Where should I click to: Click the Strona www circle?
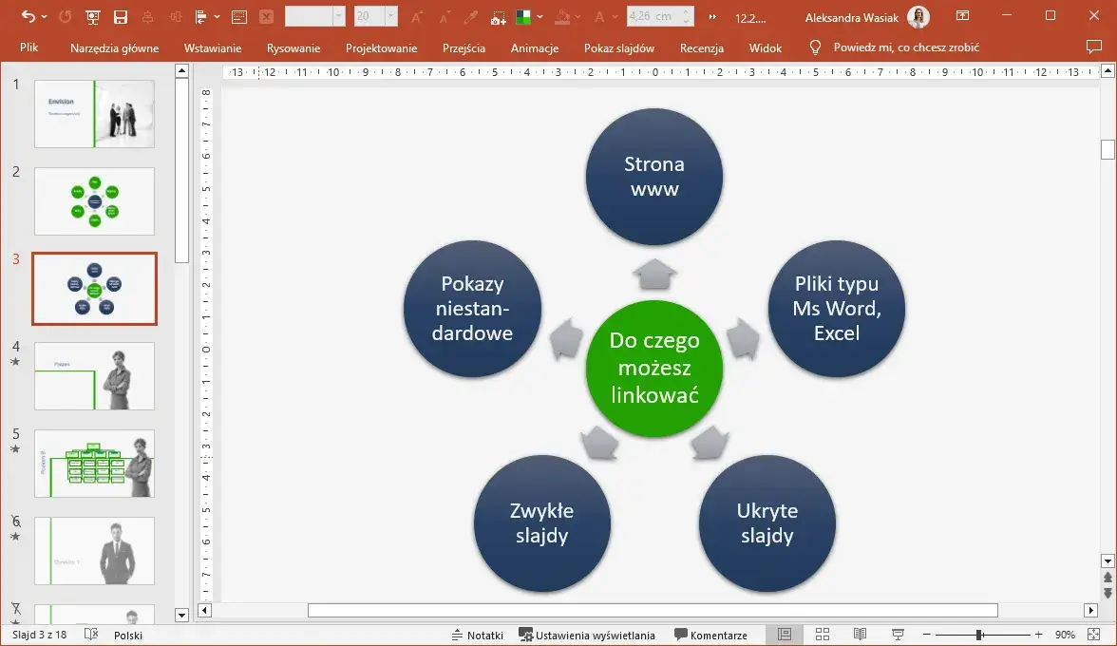tap(654, 177)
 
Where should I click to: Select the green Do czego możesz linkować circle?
tap(654, 368)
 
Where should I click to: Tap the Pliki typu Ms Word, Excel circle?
tap(836, 309)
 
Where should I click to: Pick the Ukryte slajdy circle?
tap(767, 523)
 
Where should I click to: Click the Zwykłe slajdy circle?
tap(542, 523)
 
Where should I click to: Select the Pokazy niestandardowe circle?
tap(472, 309)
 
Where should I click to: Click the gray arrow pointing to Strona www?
tap(654, 274)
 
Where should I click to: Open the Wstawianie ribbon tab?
tap(213, 47)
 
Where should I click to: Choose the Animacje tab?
tap(535, 47)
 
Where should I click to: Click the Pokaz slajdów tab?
tap(619, 47)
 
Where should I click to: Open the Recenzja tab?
tap(702, 47)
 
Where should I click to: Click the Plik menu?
tap(29, 47)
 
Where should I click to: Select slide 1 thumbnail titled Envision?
tap(94, 114)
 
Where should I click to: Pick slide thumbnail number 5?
tap(94, 464)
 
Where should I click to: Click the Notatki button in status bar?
tap(478, 635)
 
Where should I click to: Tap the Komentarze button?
tap(710, 635)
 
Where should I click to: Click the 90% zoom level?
tap(1065, 635)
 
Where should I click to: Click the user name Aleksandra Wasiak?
tap(850, 17)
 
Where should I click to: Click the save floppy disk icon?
tap(121, 17)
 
